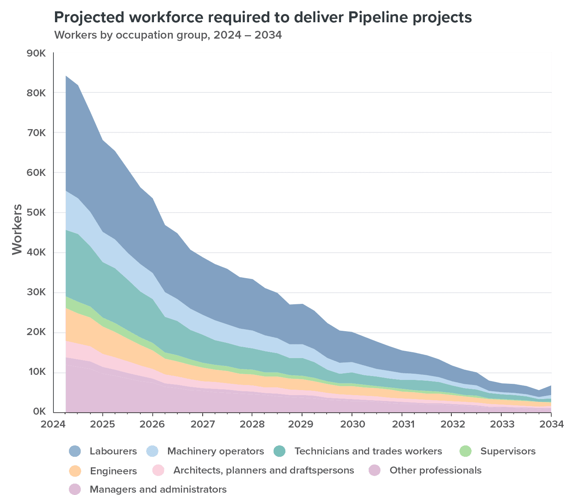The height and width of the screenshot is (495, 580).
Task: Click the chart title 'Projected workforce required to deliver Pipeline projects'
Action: tap(263, 18)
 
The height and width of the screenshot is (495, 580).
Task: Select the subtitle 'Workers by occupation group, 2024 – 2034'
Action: tap(168, 35)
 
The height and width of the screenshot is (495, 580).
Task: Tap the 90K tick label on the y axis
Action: tap(36, 53)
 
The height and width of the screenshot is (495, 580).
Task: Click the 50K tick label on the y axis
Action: tap(36, 213)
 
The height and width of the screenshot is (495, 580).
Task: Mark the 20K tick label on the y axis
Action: tap(36, 332)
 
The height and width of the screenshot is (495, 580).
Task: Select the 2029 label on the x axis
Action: tap(302, 424)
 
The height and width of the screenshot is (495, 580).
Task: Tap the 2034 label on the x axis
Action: tap(551, 424)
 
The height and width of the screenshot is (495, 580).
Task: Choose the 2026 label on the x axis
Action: tap(152, 424)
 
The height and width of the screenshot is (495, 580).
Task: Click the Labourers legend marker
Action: tap(74, 451)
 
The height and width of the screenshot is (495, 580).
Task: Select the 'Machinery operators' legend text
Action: tap(216, 451)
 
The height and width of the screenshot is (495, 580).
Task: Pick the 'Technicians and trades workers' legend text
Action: tap(368, 451)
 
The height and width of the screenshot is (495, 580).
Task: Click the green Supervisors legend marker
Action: tap(465, 451)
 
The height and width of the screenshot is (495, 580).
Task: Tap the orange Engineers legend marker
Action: tap(74, 470)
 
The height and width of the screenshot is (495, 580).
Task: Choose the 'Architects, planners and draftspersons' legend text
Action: tap(263, 470)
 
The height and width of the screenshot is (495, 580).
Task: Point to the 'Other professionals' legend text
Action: tap(435, 470)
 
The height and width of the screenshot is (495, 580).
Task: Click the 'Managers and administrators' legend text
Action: tap(158, 489)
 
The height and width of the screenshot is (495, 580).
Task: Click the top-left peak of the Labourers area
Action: tap(66, 76)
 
